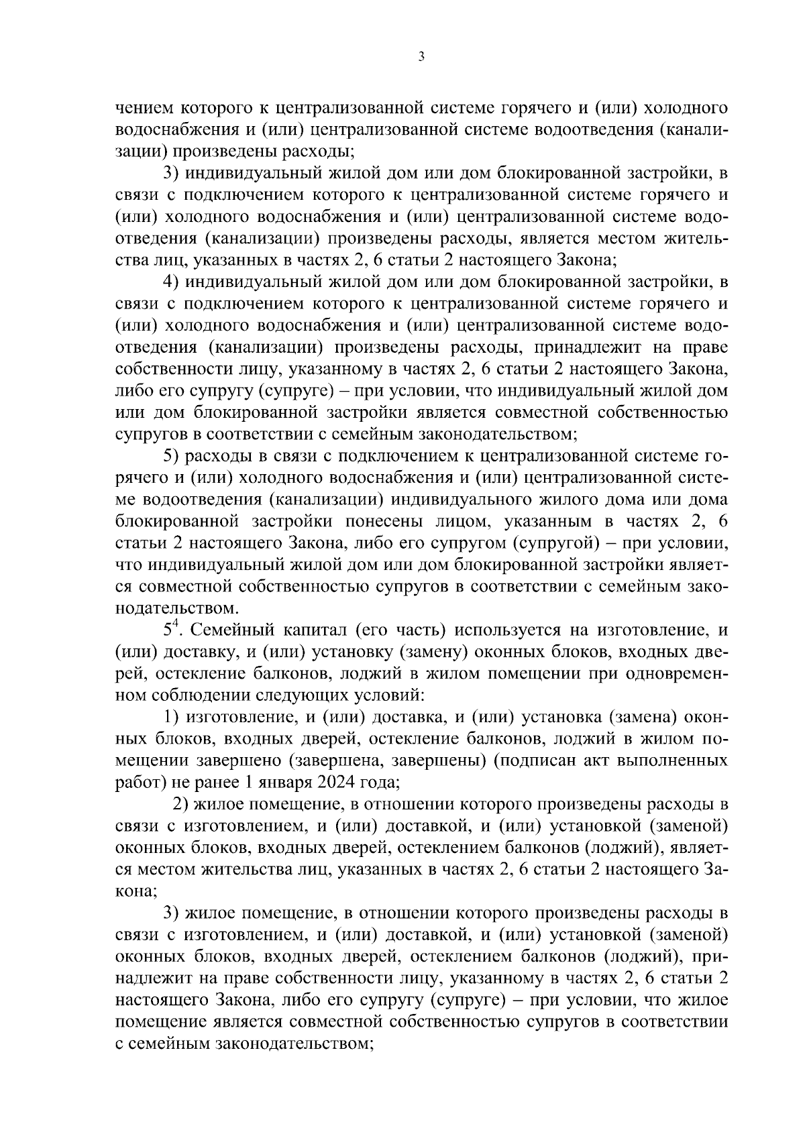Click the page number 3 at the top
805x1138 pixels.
pyautogui.click(x=421, y=58)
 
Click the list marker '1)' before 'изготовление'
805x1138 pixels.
pyautogui.click(x=174, y=718)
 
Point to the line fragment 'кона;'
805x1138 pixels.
pyautogui.click(x=137, y=891)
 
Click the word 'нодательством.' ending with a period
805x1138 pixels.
pyautogui.click(x=176, y=609)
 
